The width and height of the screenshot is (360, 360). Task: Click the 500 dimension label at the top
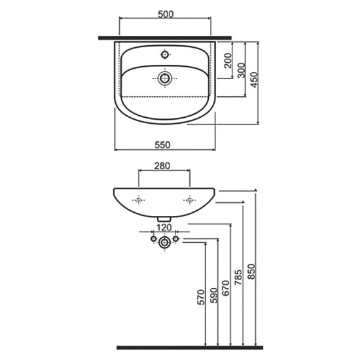(166, 14)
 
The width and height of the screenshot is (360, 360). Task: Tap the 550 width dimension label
(162, 145)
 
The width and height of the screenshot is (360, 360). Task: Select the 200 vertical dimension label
(228, 60)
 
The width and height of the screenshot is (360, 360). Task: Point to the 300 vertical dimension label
(241, 70)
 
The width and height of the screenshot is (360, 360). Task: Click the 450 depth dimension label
(254, 80)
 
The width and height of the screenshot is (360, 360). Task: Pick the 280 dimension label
(162, 166)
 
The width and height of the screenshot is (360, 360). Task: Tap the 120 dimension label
(164, 227)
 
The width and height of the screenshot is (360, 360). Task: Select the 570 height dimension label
(201, 297)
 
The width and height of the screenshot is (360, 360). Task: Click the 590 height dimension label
(214, 295)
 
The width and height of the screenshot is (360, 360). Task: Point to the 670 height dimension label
(226, 288)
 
